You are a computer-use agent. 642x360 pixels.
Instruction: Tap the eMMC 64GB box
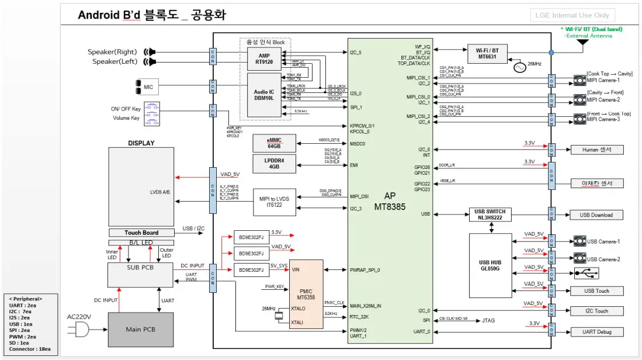click(x=274, y=143)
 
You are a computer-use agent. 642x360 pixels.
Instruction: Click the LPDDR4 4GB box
click(x=274, y=164)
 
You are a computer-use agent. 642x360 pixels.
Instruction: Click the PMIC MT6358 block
click(x=306, y=293)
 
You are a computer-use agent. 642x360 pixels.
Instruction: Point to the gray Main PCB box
click(x=141, y=328)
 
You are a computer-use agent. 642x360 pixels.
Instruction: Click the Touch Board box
click(x=141, y=233)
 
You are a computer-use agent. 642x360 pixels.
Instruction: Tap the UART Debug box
click(x=596, y=331)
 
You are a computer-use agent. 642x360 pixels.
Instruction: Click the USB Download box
click(x=596, y=215)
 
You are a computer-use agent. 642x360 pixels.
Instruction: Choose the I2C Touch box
click(x=596, y=311)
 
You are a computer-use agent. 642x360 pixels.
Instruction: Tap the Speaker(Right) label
click(x=112, y=52)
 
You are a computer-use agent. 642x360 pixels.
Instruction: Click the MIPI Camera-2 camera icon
click(x=579, y=100)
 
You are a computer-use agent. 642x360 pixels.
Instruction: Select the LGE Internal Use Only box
click(x=572, y=15)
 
